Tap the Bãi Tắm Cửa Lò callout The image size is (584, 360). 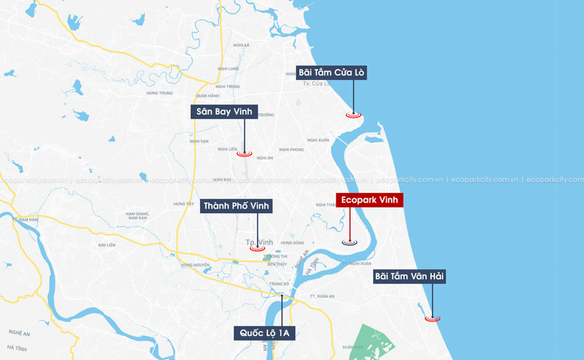(x=331, y=72)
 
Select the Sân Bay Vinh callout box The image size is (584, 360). (x=224, y=111)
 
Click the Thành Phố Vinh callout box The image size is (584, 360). (x=236, y=206)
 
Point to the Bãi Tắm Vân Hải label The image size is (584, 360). (x=409, y=277)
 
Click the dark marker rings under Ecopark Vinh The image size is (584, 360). (x=350, y=242)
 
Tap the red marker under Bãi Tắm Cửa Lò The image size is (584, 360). (x=354, y=115)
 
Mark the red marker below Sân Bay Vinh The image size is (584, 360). (x=244, y=153)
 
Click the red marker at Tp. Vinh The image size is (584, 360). (x=257, y=248)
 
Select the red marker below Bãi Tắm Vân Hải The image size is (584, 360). (x=432, y=318)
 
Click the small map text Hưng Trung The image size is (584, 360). (x=159, y=93)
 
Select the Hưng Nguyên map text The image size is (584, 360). (x=193, y=265)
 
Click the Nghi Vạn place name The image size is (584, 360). (x=199, y=140)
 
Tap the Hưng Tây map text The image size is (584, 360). (x=183, y=204)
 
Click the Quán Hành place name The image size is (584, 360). (x=207, y=96)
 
